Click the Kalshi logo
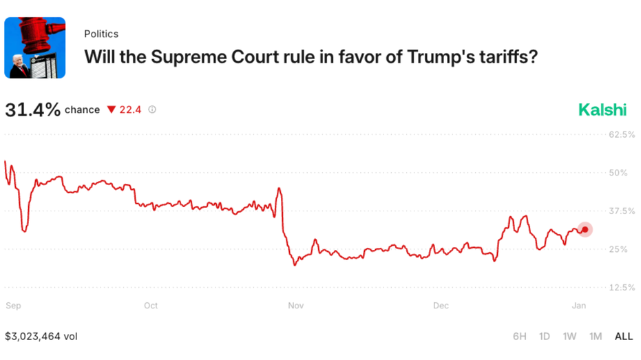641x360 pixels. pos(602,109)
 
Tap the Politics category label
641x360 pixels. pos(101,34)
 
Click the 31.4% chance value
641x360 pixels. pos(32,109)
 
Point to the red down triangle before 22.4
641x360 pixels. pos(112,110)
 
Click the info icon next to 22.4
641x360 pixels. pos(152,109)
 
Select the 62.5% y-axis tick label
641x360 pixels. pos(622,134)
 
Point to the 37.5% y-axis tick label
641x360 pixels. pos(622,211)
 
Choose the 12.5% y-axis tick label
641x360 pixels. pos(622,287)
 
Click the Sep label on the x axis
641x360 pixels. pos(12,306)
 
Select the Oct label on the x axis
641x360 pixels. pos(151,306)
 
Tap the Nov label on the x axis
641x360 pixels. pos(296,306)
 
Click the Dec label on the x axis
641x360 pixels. pos(441,306)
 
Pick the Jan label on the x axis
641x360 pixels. pos(579,306)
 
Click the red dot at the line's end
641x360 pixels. pos(585,230)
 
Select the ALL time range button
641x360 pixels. pos(623,337)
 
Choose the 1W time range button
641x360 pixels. pos(569,337)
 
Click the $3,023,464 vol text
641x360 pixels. pos(41,337)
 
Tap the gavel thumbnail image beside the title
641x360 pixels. pos(35,47)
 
